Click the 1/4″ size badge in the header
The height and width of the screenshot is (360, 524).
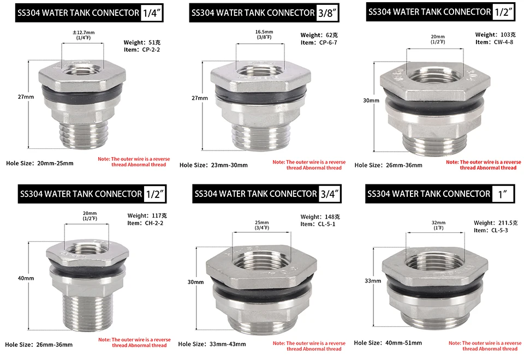tap(152, 13)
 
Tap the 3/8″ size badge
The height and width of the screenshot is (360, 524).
tap(327, 13)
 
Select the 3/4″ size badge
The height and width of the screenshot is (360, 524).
tap(330, 194)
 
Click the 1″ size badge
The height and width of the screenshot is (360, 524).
tap(503, 194)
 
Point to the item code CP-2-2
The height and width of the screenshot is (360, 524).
tap(151, 50)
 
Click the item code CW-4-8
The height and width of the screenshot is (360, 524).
tap(503, 42)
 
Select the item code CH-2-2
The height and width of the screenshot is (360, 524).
tap(154, 223)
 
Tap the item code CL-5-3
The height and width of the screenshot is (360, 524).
tap(499, 230)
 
